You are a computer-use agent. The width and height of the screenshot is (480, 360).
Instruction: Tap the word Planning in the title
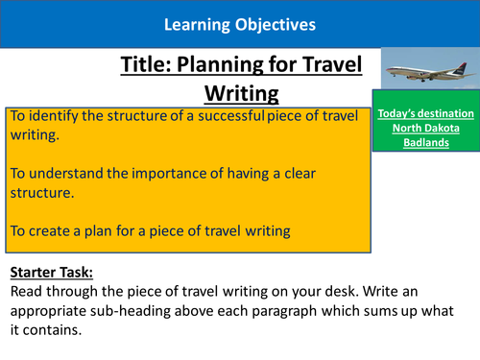click(225, 64)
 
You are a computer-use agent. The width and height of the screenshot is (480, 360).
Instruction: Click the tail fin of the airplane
click(459, 58)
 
